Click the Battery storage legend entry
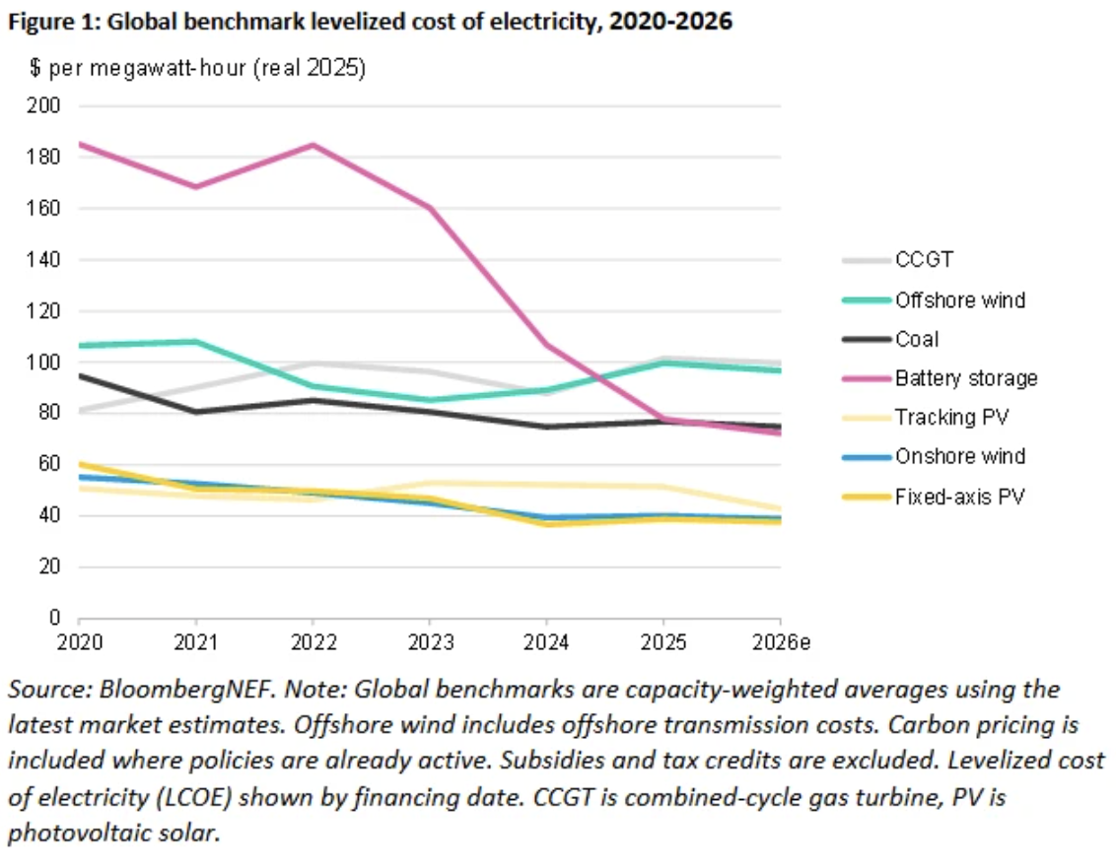(966, 378)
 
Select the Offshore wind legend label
(960, 299)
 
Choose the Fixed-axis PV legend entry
(959, 497)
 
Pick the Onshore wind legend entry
(959, 457)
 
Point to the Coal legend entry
(917, 339)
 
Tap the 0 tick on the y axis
(55, 619)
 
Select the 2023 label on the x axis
(430, 642)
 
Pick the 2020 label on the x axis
(78, 642)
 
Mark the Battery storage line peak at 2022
(313, 145)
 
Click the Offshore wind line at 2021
(195, 342)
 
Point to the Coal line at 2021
(195, 412)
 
